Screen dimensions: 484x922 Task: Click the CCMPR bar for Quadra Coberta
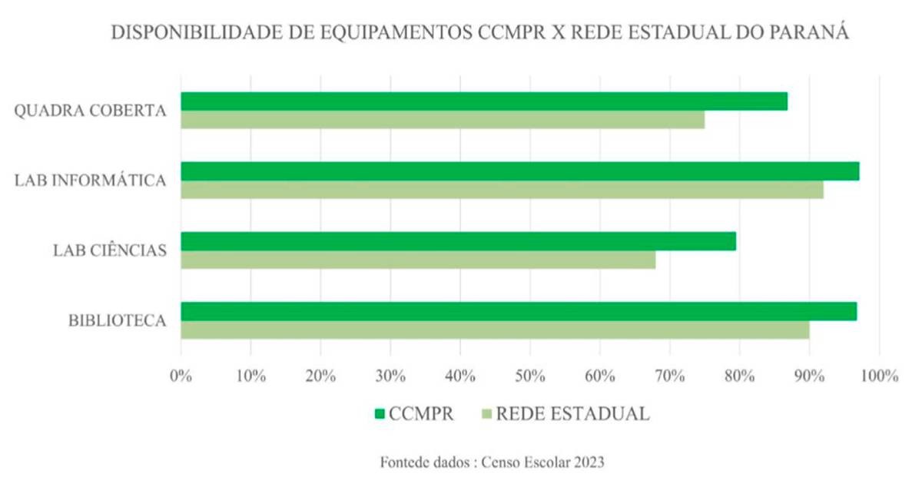click(484, 101)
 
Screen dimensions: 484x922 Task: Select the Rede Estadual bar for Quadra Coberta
click(443, 120)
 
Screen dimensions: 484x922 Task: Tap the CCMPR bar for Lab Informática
click(519, 171)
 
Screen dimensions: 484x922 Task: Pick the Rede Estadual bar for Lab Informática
click(502, 190)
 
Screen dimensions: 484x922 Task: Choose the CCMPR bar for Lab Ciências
click(458, 241)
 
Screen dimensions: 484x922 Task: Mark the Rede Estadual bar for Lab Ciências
click(418, 260)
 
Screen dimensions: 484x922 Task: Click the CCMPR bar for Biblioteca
click(519, 311)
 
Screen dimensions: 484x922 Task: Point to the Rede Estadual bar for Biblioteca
click(495, 330)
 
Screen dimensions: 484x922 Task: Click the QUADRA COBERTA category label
click(91, 111)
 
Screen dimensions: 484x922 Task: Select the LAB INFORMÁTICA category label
click(91, 181)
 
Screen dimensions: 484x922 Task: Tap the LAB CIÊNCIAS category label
click(110, 250)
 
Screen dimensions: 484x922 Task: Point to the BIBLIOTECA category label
click(118, 320)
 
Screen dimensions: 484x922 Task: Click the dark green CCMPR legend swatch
click(380, 414)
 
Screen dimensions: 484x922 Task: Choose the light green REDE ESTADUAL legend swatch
click(486, 414)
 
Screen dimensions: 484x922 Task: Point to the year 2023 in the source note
click(586, 462)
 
